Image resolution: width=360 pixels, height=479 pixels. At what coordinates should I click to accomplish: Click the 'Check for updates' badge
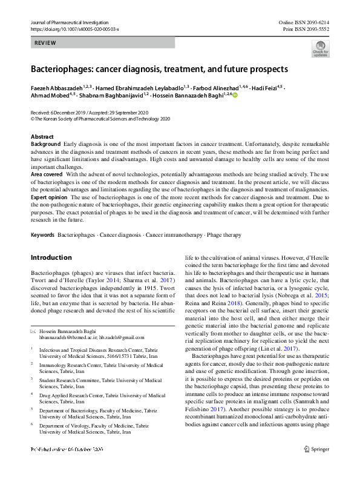pos(320,48)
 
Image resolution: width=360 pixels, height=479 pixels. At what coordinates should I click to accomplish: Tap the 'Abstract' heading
pos(42,137)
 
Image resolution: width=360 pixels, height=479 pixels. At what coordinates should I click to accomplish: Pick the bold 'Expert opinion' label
pos(50,197)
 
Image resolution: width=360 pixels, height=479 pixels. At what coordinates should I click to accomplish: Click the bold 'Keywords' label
pos(42,234)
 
